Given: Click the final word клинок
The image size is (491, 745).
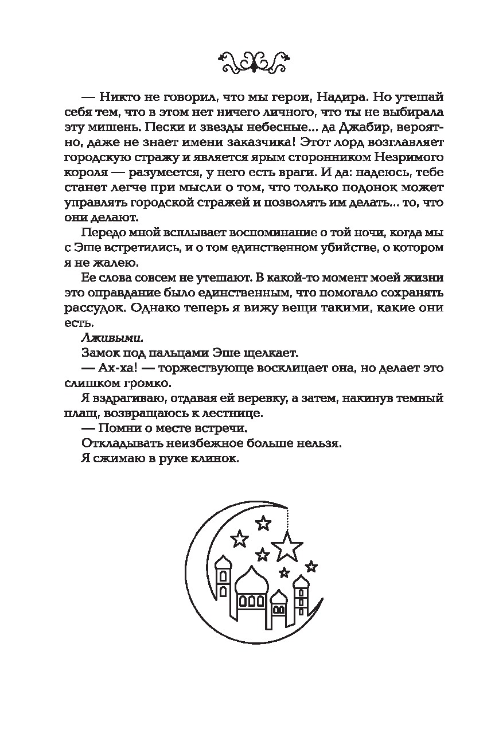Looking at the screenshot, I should click(x=212, y=458).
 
